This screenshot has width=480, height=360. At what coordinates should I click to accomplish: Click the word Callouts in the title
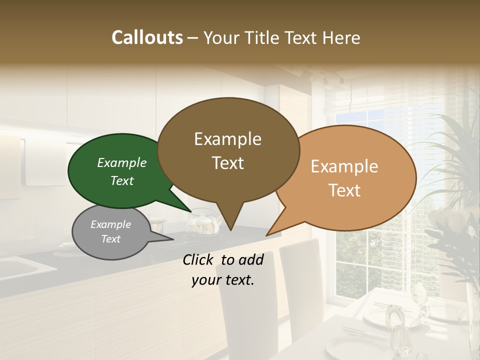pos(147,37)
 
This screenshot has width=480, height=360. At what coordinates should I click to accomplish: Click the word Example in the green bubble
pos(121,163)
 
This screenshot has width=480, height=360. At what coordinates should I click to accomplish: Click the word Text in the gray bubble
pos(110,239)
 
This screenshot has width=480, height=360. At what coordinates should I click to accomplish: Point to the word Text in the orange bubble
pos(345,190)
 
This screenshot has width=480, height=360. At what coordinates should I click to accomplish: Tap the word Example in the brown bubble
pos(227,139)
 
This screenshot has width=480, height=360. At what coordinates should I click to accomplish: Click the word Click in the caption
pos(199,259)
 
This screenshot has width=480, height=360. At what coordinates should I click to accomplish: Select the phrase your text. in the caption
pos(223,280)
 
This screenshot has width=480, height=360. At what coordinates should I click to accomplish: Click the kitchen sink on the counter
pos(25,267)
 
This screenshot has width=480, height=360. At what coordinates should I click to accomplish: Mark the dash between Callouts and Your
pos(193,38)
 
